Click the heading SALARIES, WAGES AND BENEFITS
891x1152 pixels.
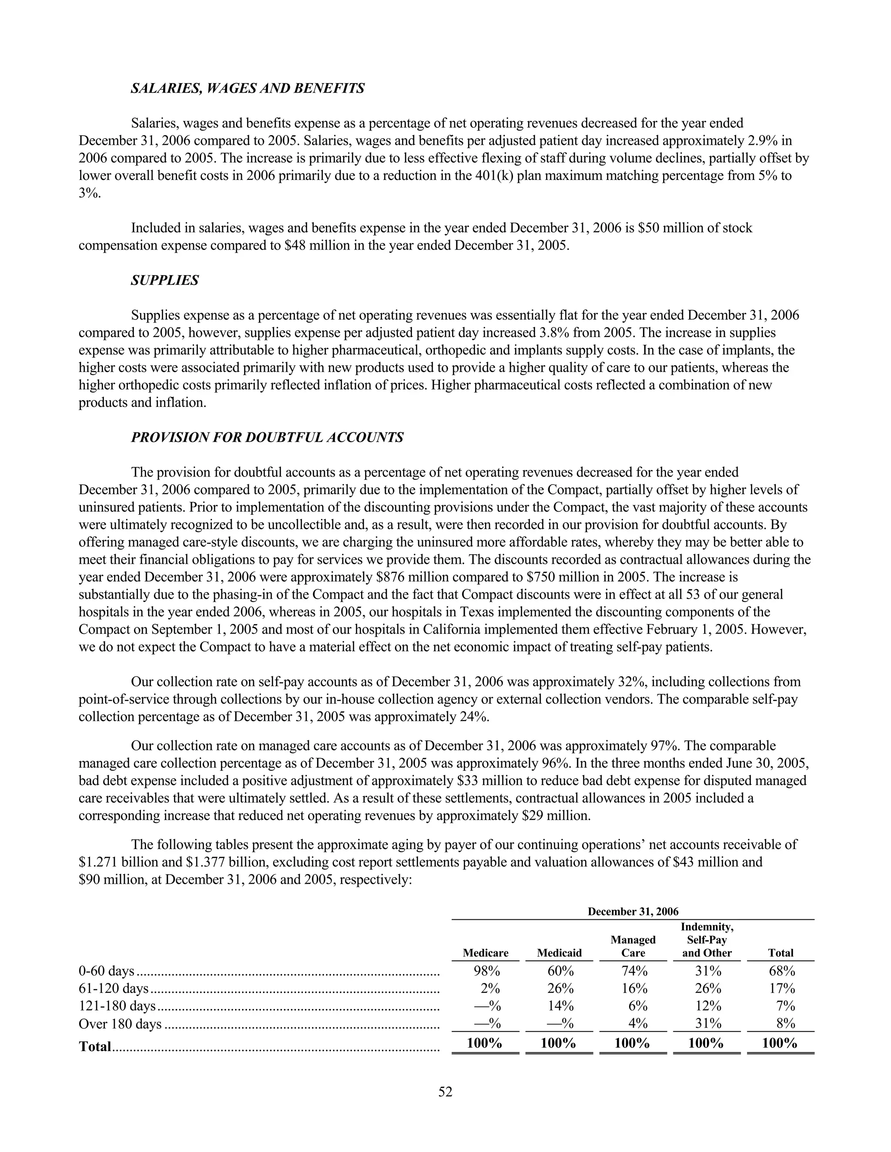pos(248,88)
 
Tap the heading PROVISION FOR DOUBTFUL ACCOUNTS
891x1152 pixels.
pos(267,437)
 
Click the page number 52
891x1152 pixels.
pos(445,1092)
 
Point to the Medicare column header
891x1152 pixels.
pos(485,953)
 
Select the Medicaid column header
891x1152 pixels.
pos(559,953)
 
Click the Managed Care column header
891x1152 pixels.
pos(633,946)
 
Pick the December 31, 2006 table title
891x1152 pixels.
pos(633,912)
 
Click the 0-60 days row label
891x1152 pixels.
pos(106,971)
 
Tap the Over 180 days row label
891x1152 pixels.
pos(120,1024)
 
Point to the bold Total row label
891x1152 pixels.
pos(95,1046)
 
